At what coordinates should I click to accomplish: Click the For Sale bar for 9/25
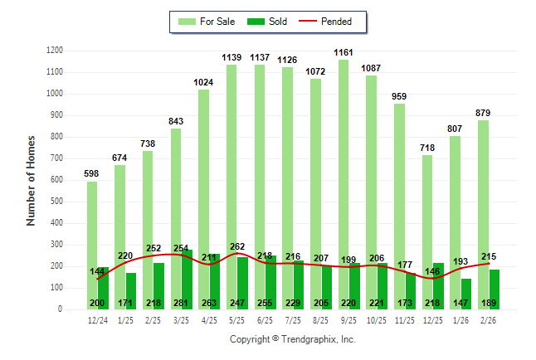tap(343, 166)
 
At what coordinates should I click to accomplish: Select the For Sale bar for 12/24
tap(91, 241)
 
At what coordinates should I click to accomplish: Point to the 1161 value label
tap(344, 53)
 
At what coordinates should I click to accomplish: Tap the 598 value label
tap(92, 173)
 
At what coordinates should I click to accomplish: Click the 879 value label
tap(483, 113)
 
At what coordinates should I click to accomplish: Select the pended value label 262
tap(237, 246)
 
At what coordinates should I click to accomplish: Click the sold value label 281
tap(182, 304)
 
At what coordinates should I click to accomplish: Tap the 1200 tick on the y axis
tap(54, 51)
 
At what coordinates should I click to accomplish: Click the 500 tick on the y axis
tap(56, 202)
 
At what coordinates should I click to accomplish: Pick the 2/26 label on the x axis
tap(488, 319)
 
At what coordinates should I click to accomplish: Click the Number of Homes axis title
tap(32, 180)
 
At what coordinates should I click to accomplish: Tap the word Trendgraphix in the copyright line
tap(307, 340)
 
